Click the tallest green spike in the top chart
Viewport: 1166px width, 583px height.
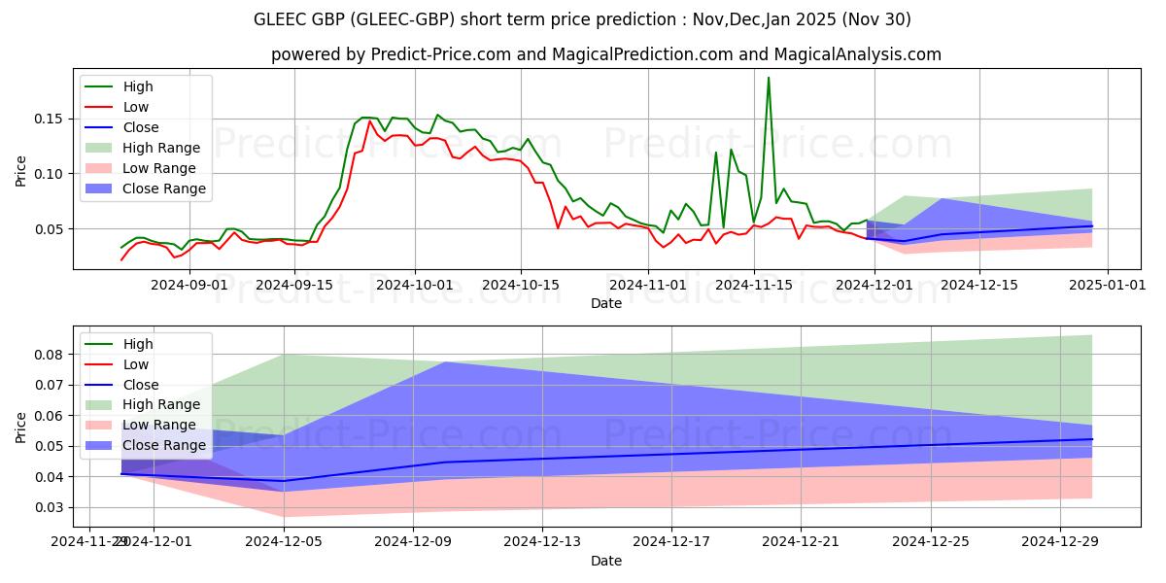769,79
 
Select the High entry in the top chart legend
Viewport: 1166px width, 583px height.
138,86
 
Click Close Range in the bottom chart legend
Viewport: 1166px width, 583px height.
164,445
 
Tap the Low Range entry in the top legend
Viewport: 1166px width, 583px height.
160,168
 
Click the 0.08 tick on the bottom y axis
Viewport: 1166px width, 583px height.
48,355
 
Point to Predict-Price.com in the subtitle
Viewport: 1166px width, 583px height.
440,55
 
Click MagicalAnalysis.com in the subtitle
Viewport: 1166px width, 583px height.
865,55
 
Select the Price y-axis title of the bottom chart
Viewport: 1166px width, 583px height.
20,427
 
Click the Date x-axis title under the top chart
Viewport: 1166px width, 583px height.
606,303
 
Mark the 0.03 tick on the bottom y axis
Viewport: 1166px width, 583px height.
48,507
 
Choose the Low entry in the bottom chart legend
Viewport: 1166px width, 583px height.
136,364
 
